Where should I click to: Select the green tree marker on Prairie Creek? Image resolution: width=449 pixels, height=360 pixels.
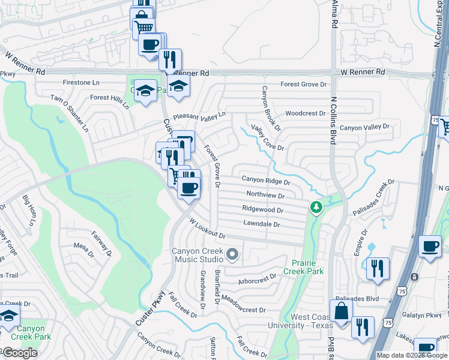[x=316, y=208]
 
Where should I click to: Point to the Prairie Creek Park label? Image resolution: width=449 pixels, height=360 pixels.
[x=307, y=267]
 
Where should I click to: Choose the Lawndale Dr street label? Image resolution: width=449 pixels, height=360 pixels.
[x=262, y=224]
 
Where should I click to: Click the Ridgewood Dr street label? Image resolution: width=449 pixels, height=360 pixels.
[x=262, y=209]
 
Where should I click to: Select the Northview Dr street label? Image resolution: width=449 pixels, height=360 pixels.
[x=265, y=194]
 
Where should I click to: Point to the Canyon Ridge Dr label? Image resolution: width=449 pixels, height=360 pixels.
[x=266, y=180]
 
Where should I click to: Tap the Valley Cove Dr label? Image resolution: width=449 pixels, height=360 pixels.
[x=267, y=139]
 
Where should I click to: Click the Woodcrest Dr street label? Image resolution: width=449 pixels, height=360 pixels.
[x=305, y=113]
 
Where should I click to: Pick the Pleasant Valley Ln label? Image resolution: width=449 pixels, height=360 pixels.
[x=199, y=115]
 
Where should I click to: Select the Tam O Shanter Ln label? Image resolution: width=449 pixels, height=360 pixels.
[x=70, y=113]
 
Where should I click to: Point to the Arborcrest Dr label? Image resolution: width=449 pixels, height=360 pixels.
[x=256, y=278]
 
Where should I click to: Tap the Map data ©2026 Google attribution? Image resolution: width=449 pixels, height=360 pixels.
[x=412, y=355]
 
